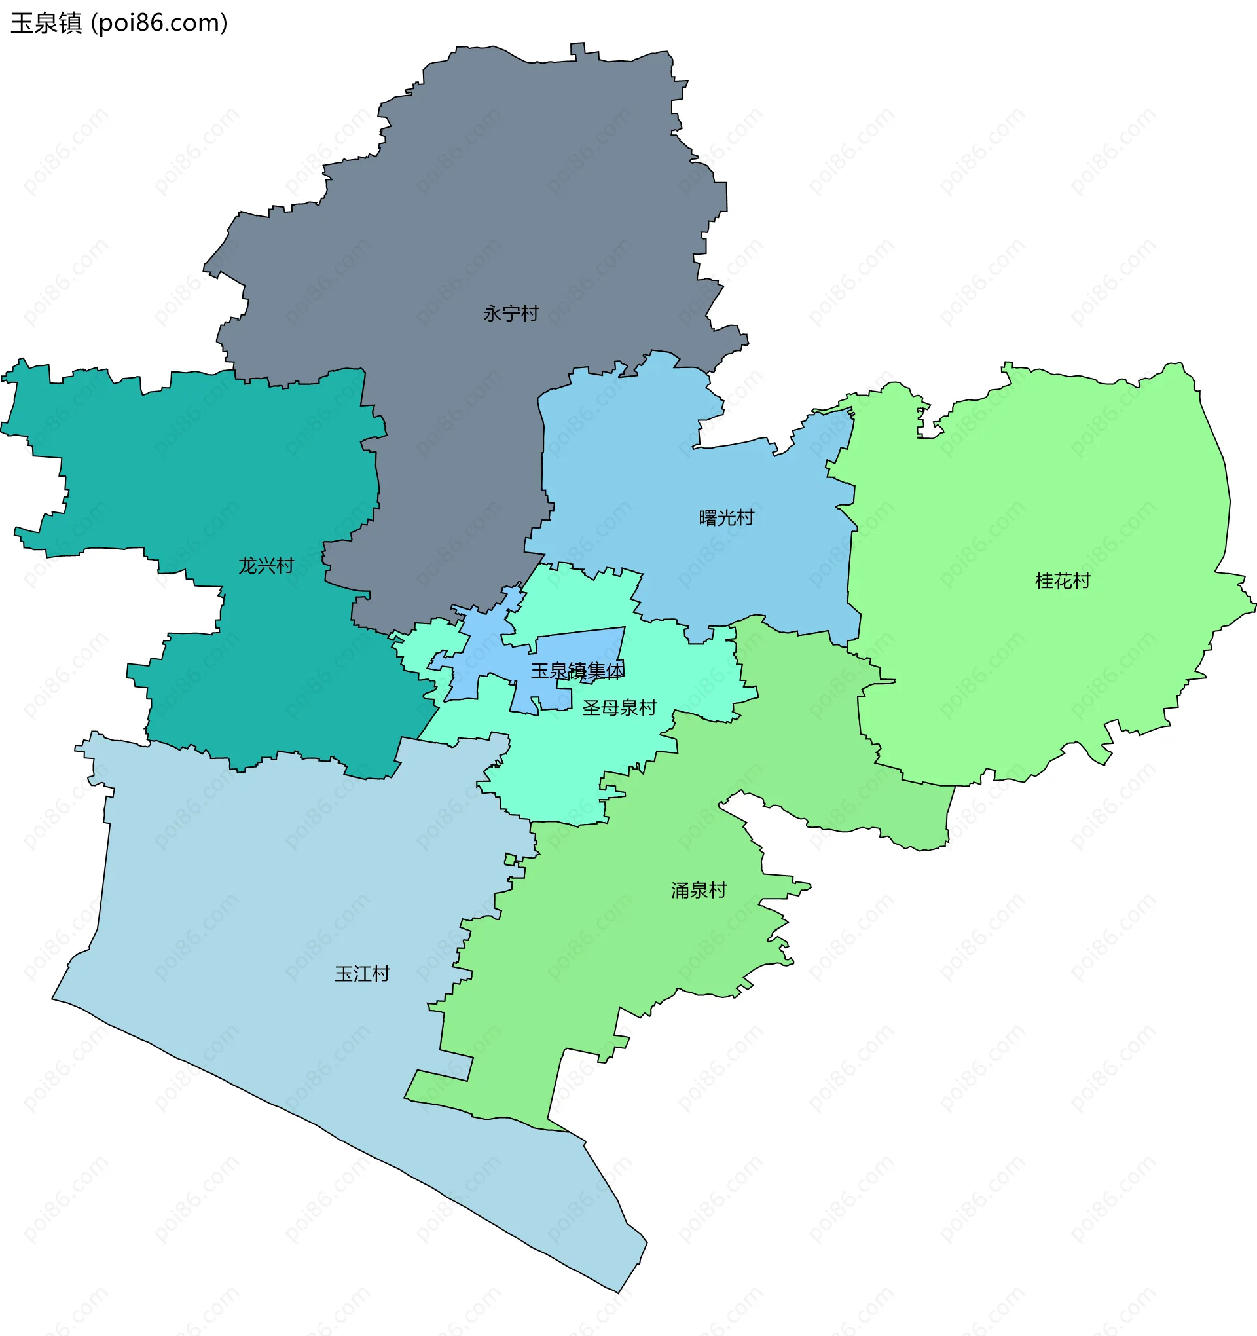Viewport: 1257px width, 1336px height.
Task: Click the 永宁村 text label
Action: tap(511, 314)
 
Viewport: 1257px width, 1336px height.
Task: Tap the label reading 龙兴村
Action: tap(266, 566)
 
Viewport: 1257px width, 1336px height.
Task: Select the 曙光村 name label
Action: tap(726, 518)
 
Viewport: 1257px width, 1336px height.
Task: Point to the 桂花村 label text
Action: tap(1062, 582)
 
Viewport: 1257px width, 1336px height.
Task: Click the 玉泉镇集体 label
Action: tap(578, 671)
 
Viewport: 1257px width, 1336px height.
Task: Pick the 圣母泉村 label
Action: tap(619, 708)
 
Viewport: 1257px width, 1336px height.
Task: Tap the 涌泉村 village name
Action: tap(699, 891)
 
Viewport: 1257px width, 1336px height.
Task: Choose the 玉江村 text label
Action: tap(362, 974)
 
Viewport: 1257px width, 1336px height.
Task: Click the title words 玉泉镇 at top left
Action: tap(46, 24)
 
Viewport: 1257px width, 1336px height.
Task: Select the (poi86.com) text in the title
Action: tap(159, 24)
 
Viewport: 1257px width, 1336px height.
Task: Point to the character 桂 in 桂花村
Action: tap(1044, 582)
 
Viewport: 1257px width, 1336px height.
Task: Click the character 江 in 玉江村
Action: tap(362, 974)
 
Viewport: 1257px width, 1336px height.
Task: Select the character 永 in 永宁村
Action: tap(492, 314)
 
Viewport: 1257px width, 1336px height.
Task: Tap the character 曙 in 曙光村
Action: tap(708, 518)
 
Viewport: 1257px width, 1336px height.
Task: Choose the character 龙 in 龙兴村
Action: tap(248, 566)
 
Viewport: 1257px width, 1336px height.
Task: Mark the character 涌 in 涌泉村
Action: tap(681, 891)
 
